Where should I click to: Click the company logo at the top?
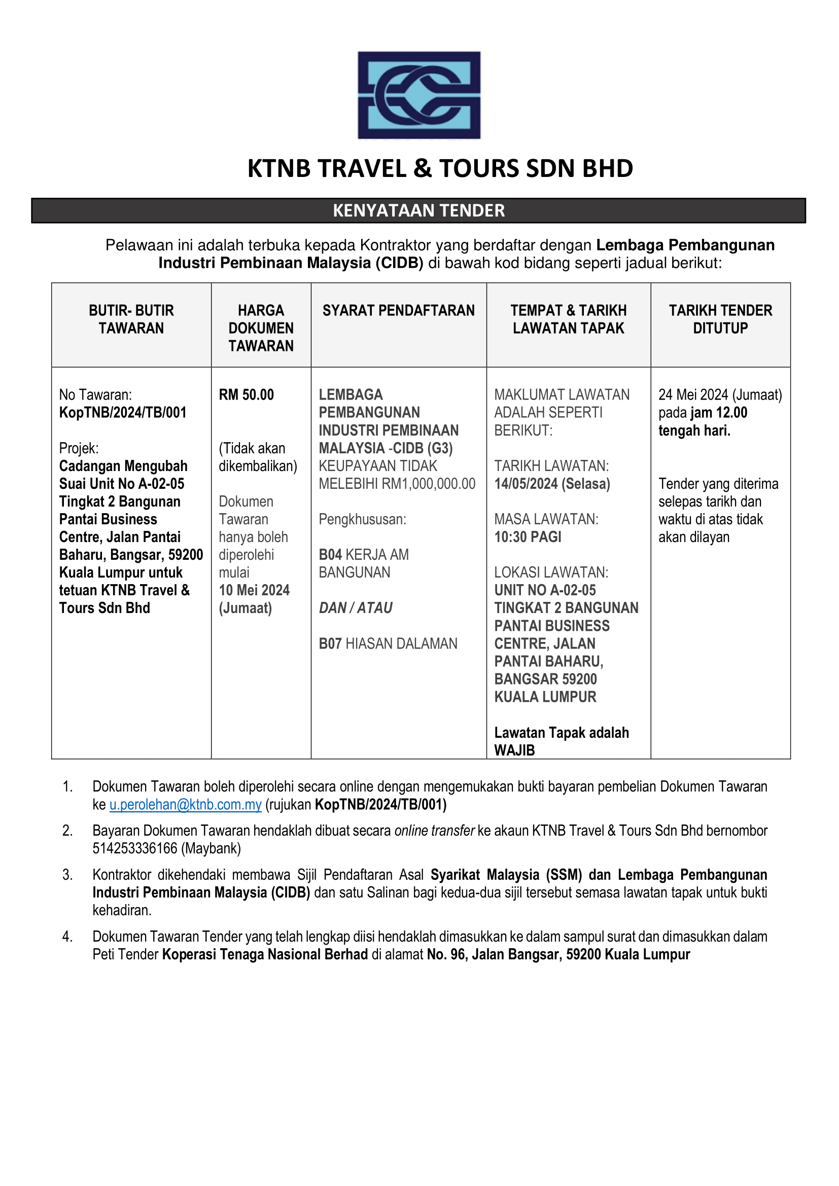point(419,95)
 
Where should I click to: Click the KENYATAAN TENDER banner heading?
point(418,211)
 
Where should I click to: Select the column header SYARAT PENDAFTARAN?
point(398,310)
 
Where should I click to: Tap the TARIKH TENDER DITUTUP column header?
point(720,319)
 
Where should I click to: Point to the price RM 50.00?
point(247,395)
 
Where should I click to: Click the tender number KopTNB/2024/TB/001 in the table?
point(122,413)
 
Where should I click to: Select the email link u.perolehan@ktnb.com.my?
point(186,804)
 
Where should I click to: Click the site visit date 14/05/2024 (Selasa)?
point(552,484)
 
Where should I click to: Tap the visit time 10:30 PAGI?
point(528,537)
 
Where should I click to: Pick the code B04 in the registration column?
point(330,555)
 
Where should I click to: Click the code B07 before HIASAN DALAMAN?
point(330,643)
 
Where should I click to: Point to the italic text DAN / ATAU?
point(356,608)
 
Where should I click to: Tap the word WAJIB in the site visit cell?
point(514,750)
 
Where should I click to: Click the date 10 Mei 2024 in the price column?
point(254,590)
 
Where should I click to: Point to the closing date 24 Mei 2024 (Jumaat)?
point(720,395)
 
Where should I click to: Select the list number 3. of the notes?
point(67,875)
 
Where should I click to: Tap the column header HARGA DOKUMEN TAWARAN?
point(261,328)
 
